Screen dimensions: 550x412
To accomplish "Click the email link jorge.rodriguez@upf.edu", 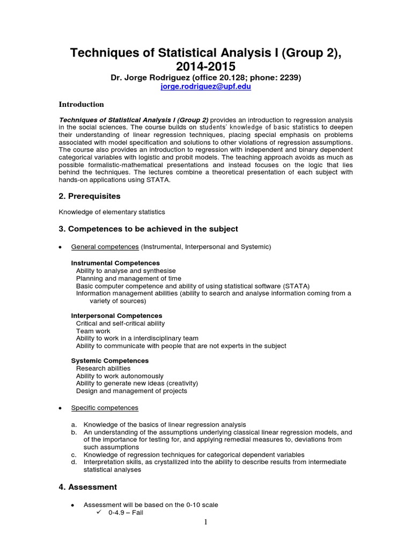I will coord(206,86).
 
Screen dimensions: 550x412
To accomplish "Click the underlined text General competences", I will coord(105,247).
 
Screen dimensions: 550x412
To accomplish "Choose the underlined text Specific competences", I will coord(105,408).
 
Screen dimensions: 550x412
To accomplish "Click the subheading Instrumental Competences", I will coord(115,263).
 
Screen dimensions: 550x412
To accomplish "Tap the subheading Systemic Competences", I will coord(109,360).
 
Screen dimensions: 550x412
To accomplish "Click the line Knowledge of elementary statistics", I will coord(112,212).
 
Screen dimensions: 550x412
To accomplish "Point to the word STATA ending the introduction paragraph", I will coord(159,179).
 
